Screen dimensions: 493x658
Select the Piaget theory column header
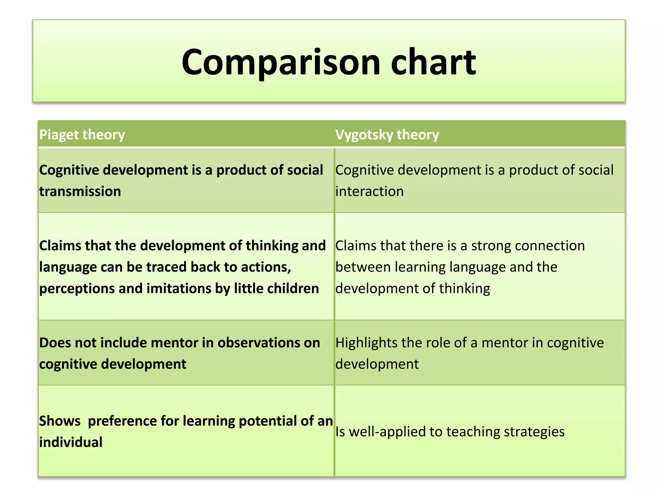point(82,135)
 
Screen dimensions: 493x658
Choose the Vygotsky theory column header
point(387,135)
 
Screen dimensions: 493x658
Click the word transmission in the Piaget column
point(80,192)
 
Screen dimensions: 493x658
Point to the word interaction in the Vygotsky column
point(369,192)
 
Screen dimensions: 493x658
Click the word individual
point(71,442)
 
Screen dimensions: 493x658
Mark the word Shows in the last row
point(60,421)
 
